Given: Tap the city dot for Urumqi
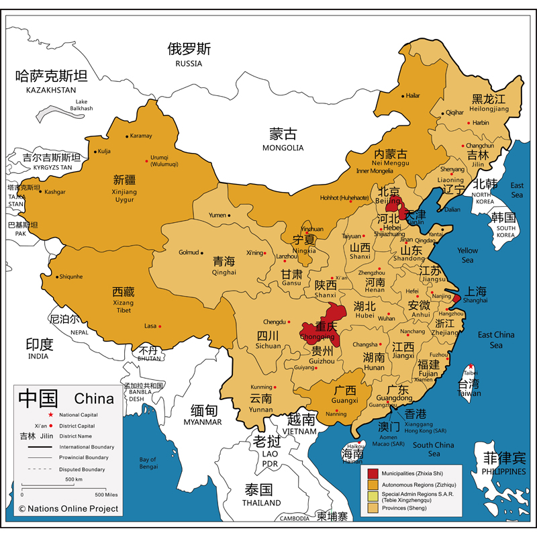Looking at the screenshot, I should pos(147,160).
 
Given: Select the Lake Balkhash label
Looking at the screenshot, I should pos(81,105).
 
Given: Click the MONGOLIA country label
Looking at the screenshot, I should pos(283,148).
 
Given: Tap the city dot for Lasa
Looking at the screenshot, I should pos(160,326).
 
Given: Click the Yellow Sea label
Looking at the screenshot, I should pos(467,255).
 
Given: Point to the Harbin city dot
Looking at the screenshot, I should pos(467,124).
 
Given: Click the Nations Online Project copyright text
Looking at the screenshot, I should pos(68,509).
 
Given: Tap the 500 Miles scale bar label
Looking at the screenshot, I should pos(106,495).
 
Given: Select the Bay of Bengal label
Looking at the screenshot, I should pos(148,462).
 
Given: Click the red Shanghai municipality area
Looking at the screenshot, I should pos(456,298).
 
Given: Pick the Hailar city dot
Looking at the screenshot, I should pos(403,96).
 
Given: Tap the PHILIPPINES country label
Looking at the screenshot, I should pos(504,471).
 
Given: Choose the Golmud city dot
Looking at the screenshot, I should pos(202,253).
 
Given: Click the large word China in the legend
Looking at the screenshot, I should pos(94,399).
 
